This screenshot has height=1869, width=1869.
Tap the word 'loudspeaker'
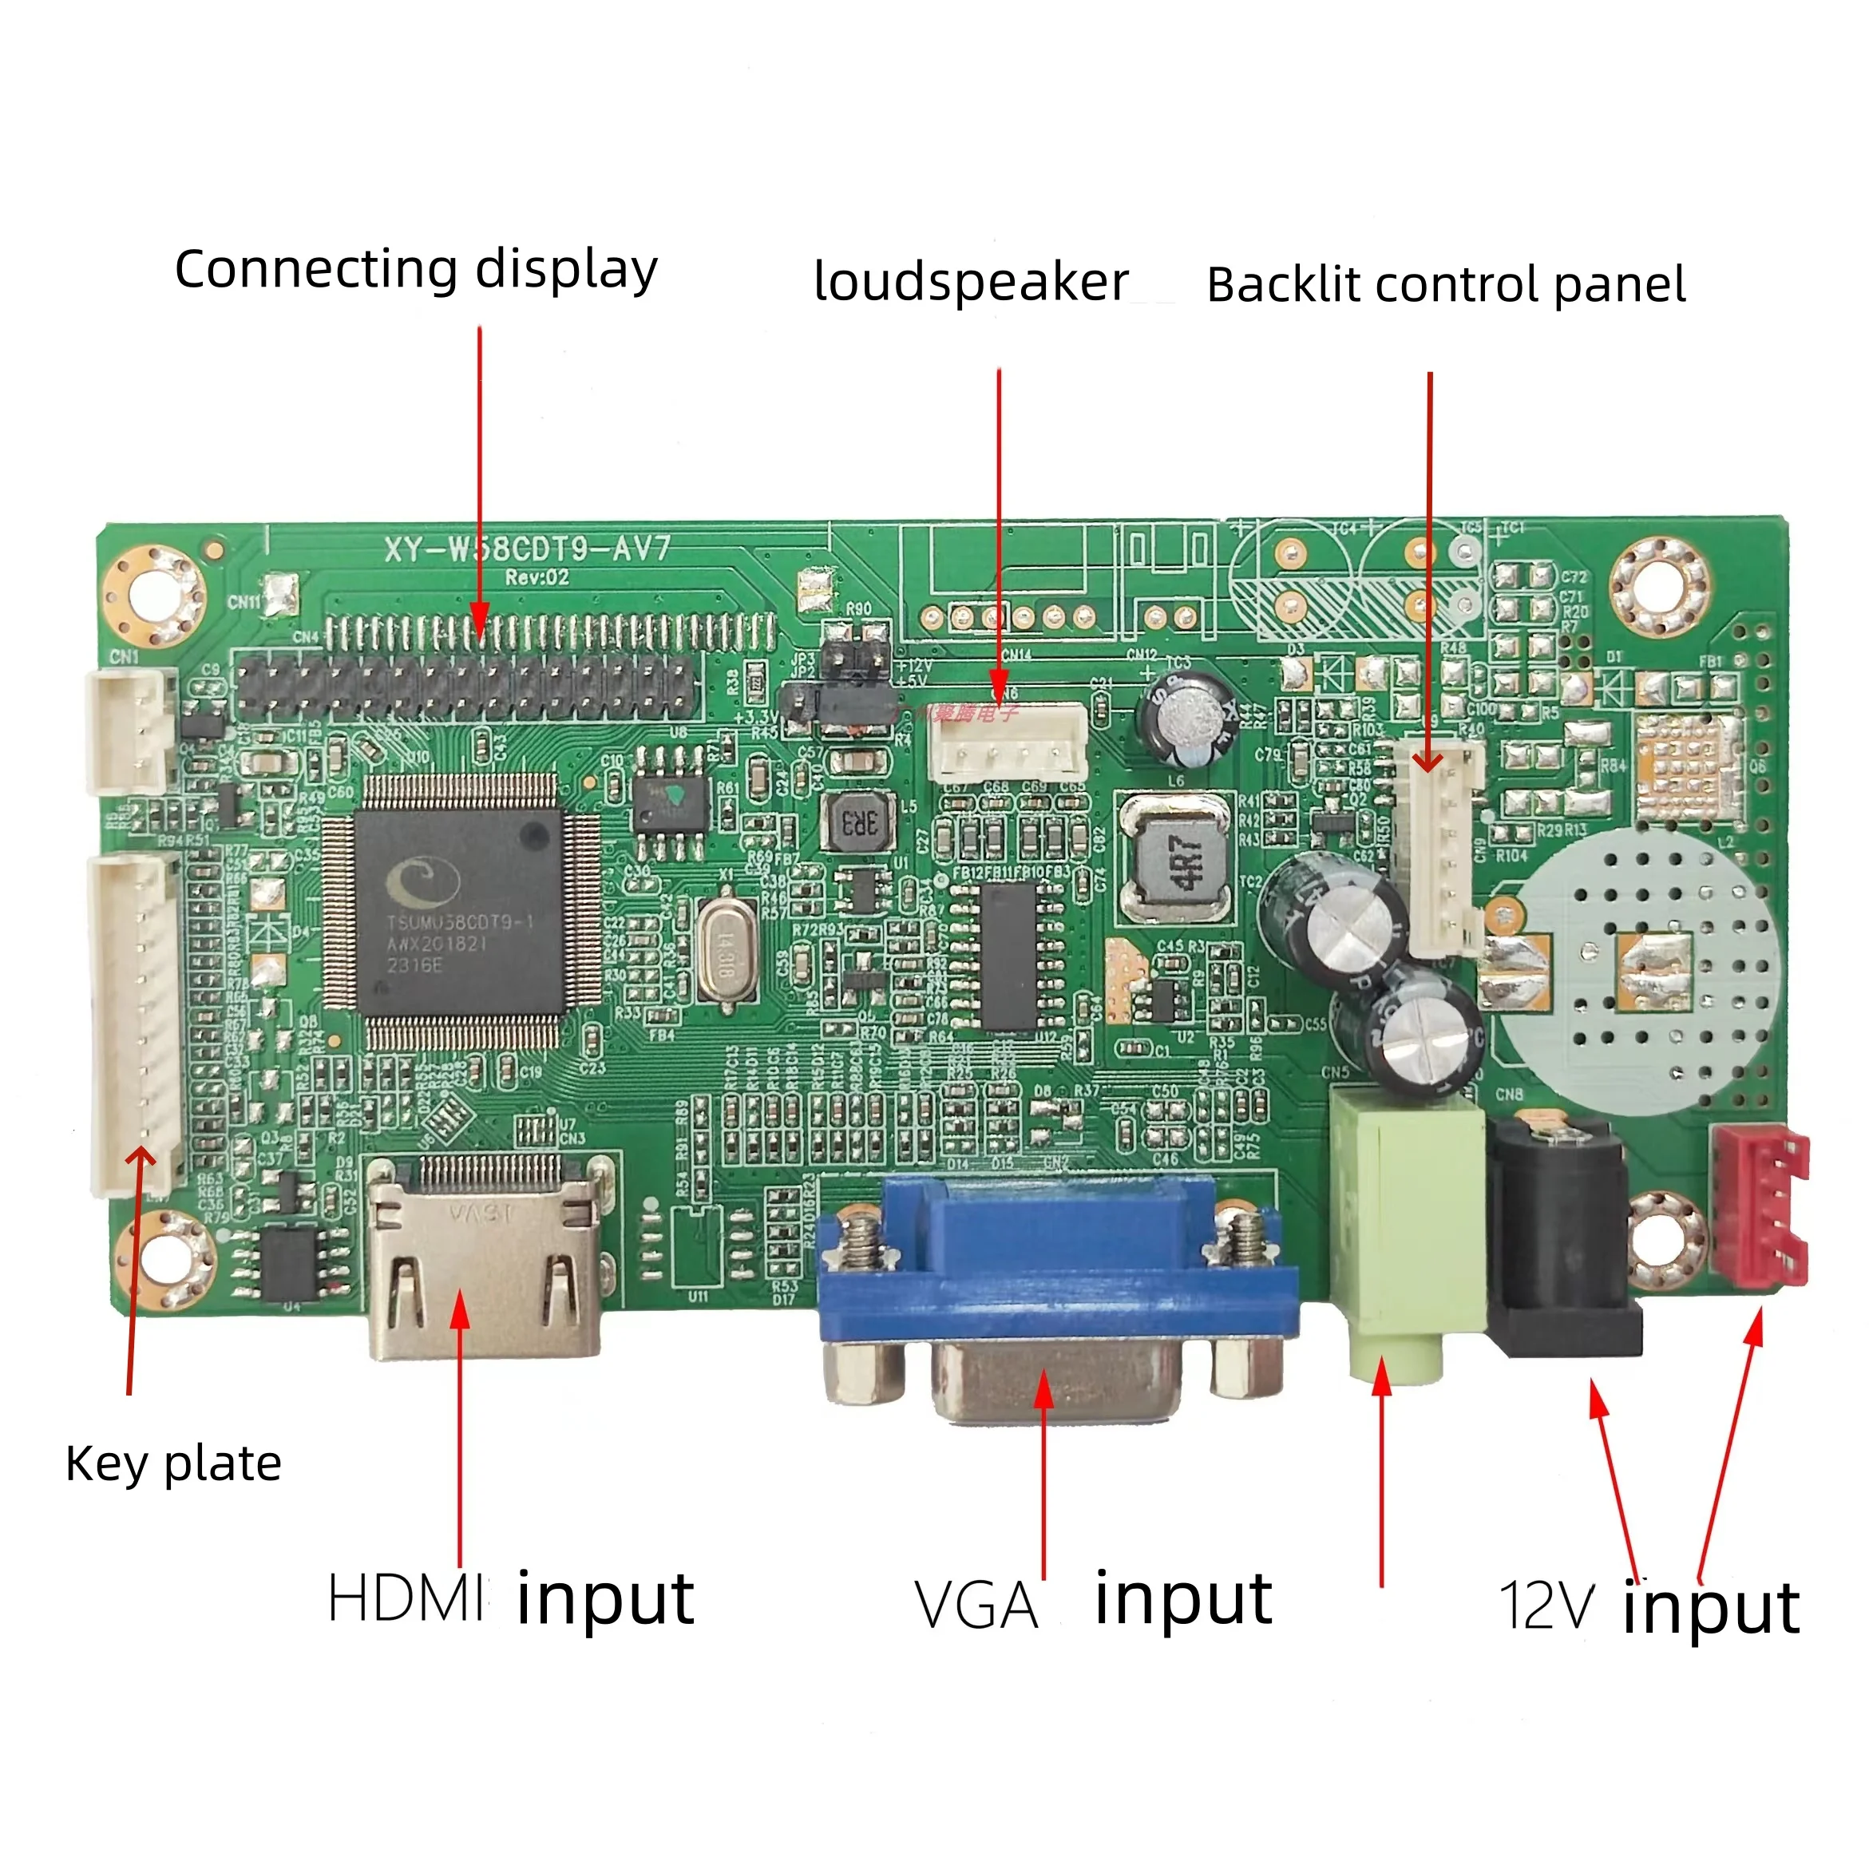[972, 283]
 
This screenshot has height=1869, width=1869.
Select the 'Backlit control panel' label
[1445, 284]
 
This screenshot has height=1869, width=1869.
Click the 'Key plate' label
[174, 1463]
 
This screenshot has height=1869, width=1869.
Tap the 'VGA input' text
[1093, 1603]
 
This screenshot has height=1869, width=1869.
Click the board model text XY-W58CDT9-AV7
[527, 549]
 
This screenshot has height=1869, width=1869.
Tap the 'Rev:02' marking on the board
[537, 577]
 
